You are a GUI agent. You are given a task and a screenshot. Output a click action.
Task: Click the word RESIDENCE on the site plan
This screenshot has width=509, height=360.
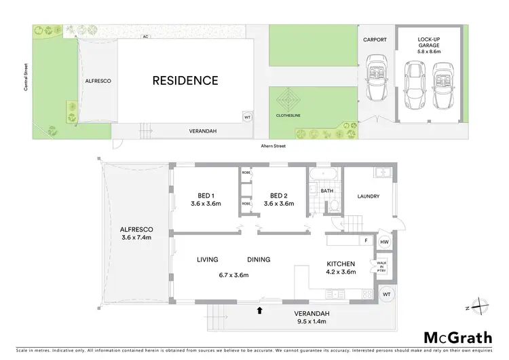click(x=185, y=80)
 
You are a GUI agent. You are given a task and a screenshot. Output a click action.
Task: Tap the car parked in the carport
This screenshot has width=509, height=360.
click(x=375, y=80)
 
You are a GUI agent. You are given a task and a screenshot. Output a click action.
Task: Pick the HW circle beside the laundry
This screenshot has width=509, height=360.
click(x=384, y=242)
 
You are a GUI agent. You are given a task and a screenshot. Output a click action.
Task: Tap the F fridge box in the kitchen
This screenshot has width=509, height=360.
click(x=366, y=240)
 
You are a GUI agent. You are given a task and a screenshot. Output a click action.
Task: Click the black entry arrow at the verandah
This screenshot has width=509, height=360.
click(x=259, y=310)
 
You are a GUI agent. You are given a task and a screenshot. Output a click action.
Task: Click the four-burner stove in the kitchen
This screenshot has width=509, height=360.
click(x=367, y=294)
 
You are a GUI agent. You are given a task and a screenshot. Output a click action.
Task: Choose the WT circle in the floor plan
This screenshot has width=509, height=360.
click(x=386, y=293)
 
